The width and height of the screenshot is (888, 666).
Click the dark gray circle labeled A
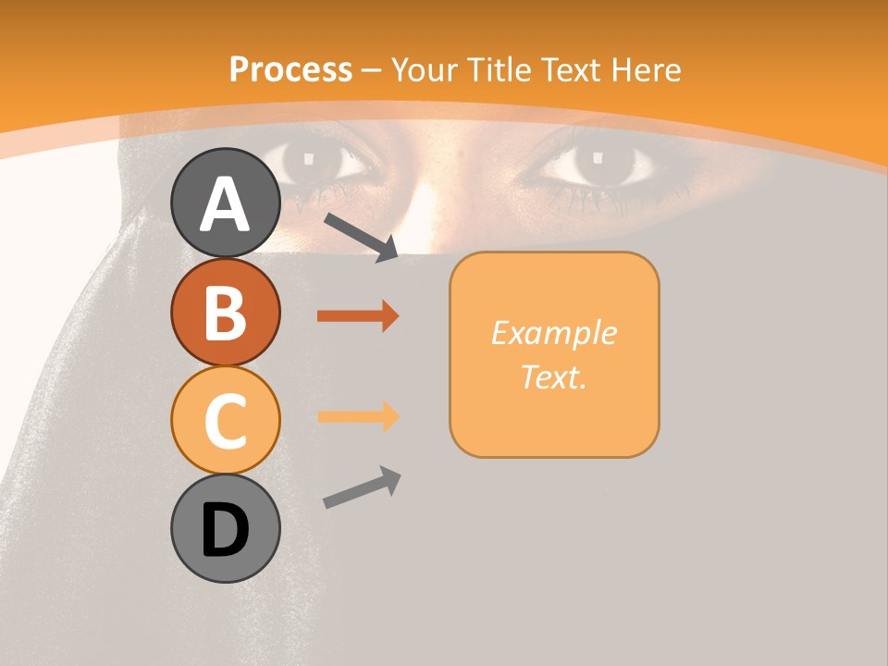click(x=225, y=203)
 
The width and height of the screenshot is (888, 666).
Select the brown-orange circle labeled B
click(x=225, y=312)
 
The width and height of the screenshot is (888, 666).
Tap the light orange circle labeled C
click(x=225, y=420)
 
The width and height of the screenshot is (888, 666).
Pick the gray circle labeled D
click(x=225, y=529)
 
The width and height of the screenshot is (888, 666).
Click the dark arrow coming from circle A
click(x=362, y=236)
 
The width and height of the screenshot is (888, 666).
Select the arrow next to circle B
click(x=358, y=316)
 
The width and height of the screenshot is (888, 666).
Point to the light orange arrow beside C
click(x=358, y=416)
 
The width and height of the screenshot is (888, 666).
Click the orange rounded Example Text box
click(x=554, y=354)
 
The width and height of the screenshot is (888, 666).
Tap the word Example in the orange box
click(x=553, y=333)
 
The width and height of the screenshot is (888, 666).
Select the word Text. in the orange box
click(x=553, y=376)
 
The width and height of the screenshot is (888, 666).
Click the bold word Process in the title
click(x=290, y=70)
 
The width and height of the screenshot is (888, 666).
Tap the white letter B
click(x=225, y=313)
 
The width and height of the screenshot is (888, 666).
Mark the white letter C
click(x=225, y=422)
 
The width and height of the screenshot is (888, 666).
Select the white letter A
click(x=225, y=203)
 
